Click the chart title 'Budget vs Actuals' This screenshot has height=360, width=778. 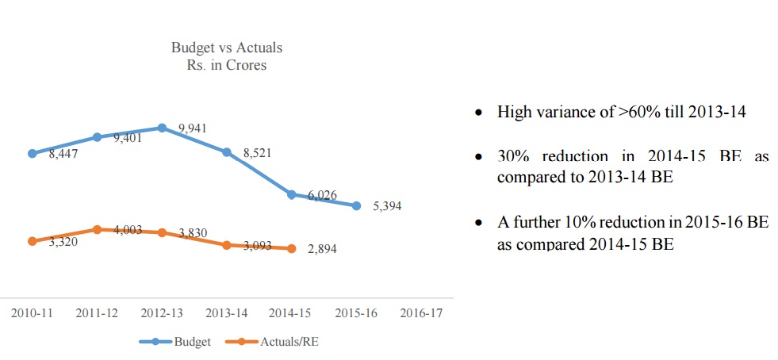[226, 48]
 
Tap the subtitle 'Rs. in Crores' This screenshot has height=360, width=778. [226, 65]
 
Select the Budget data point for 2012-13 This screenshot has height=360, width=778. [162, 127]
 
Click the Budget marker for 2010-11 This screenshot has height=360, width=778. [32, 153]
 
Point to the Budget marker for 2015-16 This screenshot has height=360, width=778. [357, 205]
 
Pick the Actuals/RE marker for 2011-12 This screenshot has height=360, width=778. [97, 229]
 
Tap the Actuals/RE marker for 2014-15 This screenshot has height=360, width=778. [292, 248]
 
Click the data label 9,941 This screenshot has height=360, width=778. [194, 128]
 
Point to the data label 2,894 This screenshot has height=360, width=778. [323, 250]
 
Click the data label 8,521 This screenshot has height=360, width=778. [258, 152]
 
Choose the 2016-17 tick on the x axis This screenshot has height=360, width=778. [421, 312]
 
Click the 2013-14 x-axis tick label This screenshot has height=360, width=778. [226, 312]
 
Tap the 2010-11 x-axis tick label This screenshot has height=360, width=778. [32, 312]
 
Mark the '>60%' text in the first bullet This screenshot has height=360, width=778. [633, 113]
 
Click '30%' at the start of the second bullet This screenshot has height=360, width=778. [513, 157]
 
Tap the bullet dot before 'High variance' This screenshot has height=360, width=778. [478, 113]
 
